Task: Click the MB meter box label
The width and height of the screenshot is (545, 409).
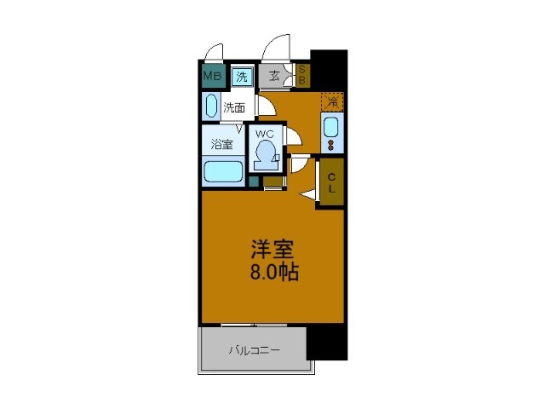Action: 212,76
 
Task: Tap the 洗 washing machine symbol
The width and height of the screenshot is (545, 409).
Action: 242,77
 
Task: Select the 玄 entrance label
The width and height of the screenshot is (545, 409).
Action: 274,76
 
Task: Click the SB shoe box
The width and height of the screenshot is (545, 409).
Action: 301,75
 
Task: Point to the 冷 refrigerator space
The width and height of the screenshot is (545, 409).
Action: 332,102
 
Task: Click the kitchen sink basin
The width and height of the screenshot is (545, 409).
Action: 330,128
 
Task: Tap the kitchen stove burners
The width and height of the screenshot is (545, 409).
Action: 330,145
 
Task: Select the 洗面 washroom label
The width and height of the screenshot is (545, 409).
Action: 234,108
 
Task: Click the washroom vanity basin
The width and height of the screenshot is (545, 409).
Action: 211,106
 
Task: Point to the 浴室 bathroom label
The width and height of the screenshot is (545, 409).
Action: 221,144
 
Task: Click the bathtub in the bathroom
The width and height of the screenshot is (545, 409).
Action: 223,172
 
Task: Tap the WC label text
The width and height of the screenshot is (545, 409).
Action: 265,134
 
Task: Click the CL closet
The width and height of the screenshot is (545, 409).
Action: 331,182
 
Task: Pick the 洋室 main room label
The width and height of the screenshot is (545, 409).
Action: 272,249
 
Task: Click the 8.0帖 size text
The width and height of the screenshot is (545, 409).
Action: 274,272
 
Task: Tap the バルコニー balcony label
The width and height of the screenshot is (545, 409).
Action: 254,350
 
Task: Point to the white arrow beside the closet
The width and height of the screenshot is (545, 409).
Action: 308,195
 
